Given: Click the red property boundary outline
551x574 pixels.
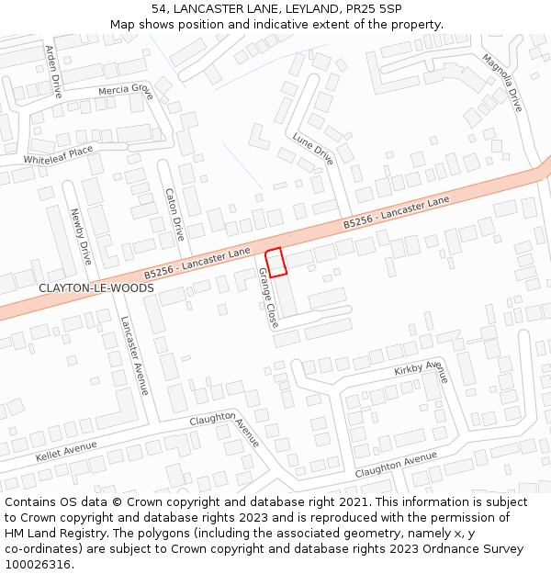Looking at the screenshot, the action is coord(276,262).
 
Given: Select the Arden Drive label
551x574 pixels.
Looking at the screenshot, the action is coord(53,72).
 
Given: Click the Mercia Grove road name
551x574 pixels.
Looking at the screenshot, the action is coord(126,92).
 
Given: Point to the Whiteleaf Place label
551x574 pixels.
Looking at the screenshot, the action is coord(58,154).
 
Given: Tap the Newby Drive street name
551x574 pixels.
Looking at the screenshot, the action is coord(81,236).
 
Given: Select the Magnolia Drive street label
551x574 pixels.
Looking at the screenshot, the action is coord(502,84).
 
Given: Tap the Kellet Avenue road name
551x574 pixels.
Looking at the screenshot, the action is coord(66,452).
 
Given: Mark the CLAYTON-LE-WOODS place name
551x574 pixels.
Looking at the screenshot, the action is coord(96,287).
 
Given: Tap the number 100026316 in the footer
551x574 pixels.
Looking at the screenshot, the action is coord(38,564).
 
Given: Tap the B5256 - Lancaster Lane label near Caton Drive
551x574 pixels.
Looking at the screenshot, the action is coord(197,263).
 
